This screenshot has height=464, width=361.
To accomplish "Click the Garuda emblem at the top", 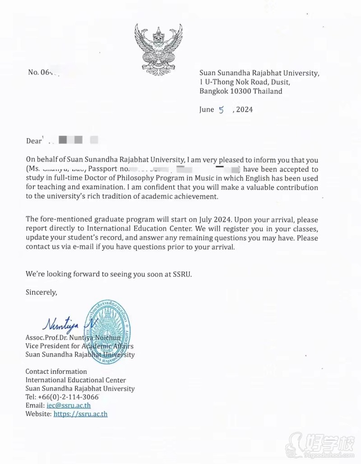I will [158, 50].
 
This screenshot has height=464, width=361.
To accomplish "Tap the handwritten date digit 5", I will [221, 110].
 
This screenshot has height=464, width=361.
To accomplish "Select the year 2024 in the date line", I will [244, 110].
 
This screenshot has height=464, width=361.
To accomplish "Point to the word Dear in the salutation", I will [34, 141].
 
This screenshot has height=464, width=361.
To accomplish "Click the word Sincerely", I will [42, 292].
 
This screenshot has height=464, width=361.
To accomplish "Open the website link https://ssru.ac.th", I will [80, 414].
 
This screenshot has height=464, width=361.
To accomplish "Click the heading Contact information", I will [56, 371].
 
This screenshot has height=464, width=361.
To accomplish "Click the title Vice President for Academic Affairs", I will [79, 346].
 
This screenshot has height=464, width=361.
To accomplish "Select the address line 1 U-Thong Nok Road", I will [245, 82].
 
